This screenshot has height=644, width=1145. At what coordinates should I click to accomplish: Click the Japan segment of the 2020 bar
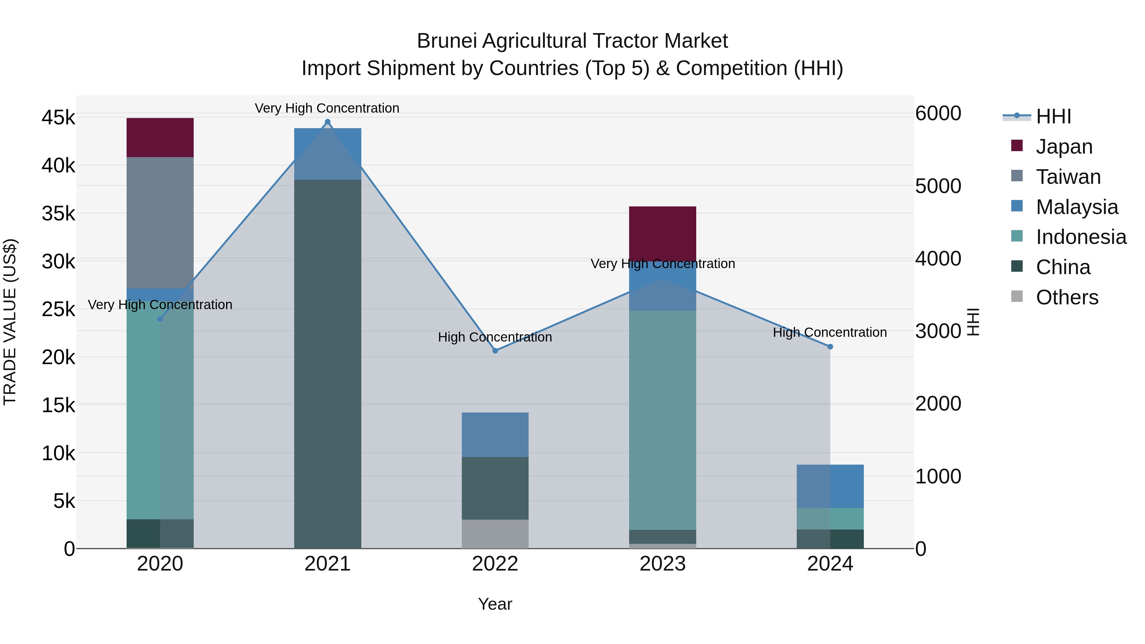(x=160, y=137)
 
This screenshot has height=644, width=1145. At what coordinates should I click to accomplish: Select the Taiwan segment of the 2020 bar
(x=160, y=222)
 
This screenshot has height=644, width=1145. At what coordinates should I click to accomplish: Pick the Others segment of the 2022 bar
(x=495, y=534)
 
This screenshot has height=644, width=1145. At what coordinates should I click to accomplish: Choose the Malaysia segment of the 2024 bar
(x=830, y=486)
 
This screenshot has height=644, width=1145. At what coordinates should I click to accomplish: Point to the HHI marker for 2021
(x=328, y=122)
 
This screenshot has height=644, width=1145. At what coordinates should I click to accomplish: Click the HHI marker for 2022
(x=495, y=351)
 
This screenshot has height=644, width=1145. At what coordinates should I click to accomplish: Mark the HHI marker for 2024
(x=830, y=347)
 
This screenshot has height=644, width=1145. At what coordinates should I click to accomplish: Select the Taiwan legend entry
(x=1068, y=177)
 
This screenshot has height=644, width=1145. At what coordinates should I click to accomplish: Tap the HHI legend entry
(x=1053, y=116)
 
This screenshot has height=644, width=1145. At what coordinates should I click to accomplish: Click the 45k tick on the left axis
(x=58, y=118)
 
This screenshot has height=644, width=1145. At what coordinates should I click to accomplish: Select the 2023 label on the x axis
(x=662, y=564)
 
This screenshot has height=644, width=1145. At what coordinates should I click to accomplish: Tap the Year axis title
(x=495, y=604)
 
